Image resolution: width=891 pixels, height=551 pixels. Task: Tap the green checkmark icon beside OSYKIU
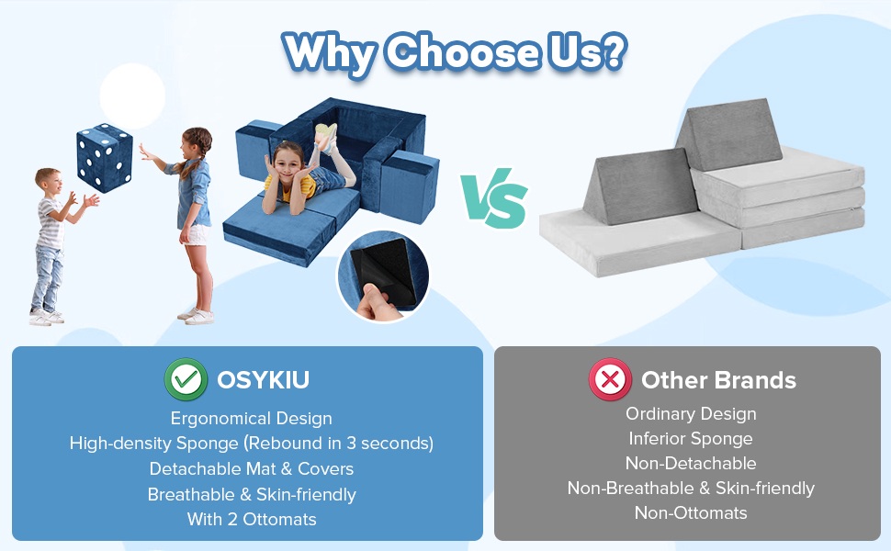tap(184, 379)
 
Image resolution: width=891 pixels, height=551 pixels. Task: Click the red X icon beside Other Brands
tap(611, 380)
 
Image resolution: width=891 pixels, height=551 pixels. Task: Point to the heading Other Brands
tap(718, 380)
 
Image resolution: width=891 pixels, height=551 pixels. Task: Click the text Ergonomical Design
tap(251, 419)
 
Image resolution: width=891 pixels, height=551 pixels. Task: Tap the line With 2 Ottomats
tap(251, 519)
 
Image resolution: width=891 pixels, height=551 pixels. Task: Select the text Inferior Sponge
tap(690, 439)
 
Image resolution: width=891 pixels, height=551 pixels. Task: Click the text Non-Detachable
tap(690, 464)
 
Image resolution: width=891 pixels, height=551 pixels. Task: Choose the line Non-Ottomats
tap(690, 513)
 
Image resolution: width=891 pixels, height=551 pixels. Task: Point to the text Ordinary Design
tap(690, 414)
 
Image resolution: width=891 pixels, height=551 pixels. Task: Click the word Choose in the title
tap(461, 53)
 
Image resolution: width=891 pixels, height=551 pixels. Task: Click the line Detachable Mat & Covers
tap(251, 469)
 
